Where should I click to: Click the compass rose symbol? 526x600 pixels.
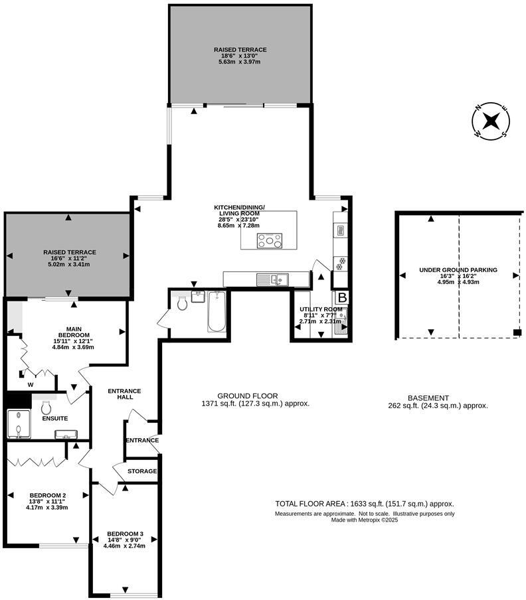[491, 121]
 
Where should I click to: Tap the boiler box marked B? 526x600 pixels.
[341, 297]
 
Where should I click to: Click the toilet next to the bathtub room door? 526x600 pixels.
[181, 303]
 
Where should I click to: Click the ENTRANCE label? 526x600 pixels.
[142, 440]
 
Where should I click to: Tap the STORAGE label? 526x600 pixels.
[143, 471]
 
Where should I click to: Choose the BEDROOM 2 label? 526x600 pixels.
[48, 495]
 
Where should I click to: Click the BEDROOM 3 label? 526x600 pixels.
[125, 534]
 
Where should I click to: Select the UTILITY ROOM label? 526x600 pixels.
[321, 309]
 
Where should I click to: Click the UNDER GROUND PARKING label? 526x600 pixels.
[458, 270]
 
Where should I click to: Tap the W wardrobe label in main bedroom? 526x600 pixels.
[31, 384]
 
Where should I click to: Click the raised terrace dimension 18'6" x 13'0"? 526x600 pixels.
[240, 56]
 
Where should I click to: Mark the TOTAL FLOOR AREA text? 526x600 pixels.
[365, 504]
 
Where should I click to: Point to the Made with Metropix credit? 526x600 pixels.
[365, 520]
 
